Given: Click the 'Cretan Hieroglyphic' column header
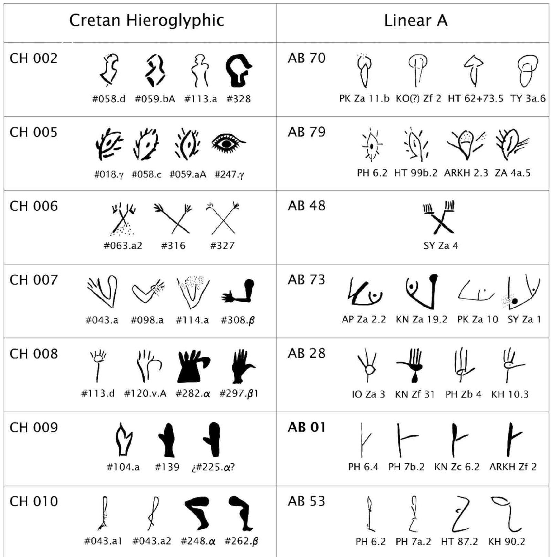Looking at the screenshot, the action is coord(147,20).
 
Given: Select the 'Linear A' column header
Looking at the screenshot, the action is coord(416,21).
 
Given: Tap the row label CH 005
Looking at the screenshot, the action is coord(33,132).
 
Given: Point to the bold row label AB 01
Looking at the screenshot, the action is coord(306,427).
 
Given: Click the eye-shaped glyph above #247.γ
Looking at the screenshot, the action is coord(228,143).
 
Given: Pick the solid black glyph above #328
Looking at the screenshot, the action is coord(239,71).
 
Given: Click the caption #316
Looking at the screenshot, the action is coord(173,246).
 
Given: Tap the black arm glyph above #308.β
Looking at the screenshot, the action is coord(238,291).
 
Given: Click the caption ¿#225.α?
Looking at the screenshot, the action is coord(213,467).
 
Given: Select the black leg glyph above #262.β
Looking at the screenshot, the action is coord(241,513).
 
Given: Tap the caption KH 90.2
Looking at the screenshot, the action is coord(506,542).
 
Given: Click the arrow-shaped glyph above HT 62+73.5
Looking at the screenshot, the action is coord(474,70).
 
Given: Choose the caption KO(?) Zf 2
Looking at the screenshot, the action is coord(418,99).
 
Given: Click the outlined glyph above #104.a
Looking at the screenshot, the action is coord(124,440).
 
